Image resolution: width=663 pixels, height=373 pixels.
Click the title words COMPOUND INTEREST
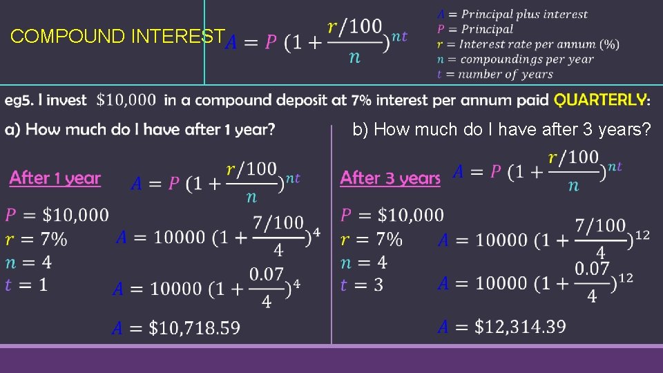pos(117,37)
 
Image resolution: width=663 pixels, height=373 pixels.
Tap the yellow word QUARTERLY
pos(600,100)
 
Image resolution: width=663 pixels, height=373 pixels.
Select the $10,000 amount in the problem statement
pos(126,100)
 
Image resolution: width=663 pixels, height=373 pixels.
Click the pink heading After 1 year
pos(55,178)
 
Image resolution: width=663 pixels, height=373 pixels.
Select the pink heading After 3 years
pos(390,178)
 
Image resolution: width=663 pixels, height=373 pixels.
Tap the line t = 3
pos(362,285)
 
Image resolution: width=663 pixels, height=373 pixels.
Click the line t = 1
pos(26,285)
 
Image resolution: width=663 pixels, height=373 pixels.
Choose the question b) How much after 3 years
pos(501,129)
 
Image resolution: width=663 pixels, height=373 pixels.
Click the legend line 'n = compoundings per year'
pos(515,59)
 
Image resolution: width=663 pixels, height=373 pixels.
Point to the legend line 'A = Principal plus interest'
pos(512,14)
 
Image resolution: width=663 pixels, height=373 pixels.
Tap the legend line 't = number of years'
pos(495,75)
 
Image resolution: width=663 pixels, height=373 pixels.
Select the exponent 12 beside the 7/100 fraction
pos(642,236)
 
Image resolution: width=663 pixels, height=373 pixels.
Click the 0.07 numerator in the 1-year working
pos(267,274)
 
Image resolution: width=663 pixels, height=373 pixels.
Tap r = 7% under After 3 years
pos(372,240)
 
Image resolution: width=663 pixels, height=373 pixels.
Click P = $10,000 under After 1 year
pos(57,216)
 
